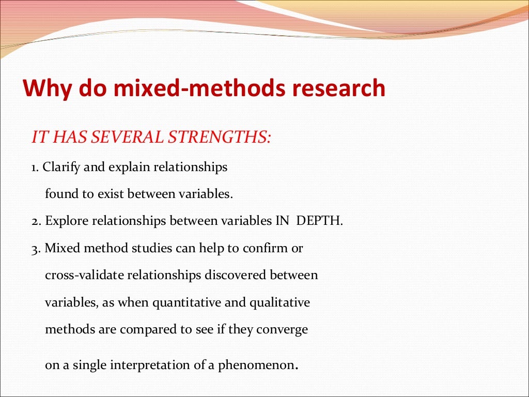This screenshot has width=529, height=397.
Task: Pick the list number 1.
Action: tap(35, 167)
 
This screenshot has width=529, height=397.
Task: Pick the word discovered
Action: tap(236, 275)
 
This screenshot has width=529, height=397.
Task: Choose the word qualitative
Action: tap(279, 302)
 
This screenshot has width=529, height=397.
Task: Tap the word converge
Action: tap(286, 329)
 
